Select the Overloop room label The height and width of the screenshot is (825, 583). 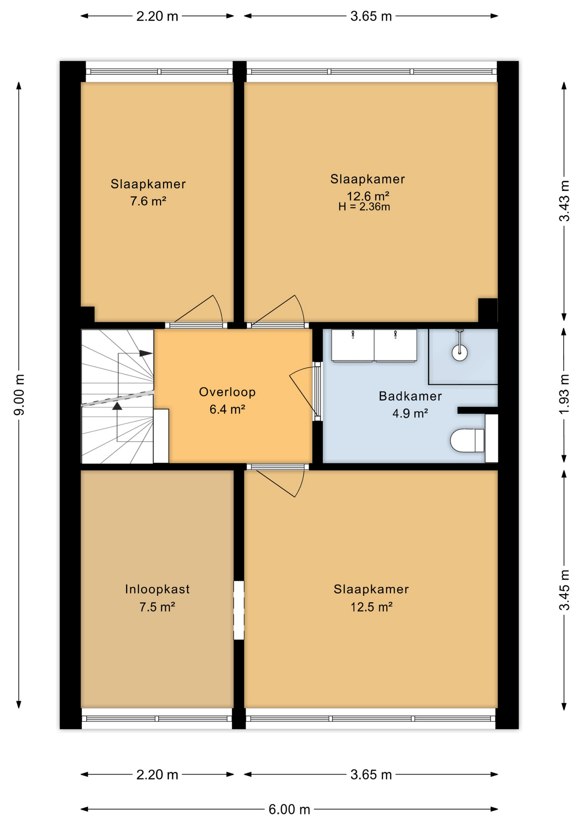click(x=227, y=392)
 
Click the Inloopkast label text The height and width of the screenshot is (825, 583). click(x=157, y=589)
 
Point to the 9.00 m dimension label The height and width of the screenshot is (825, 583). click(x=19, y=394)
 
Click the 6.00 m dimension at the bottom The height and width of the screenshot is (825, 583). click(x=289, y=810)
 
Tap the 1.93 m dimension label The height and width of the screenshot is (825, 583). click(x=564, y=394)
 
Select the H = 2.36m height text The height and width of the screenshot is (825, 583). click(x=364, y=207)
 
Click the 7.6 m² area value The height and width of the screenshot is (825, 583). click(x=148, y=201)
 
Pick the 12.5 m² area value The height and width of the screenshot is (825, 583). click(x=371, y=607)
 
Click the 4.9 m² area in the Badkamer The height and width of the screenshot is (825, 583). click(x=410, y=413)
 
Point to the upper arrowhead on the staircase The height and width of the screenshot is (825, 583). click(x=146, y=353)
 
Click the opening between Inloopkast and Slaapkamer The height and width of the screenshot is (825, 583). click(x=239, y=610)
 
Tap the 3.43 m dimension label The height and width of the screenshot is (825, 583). click(x=564, y=201)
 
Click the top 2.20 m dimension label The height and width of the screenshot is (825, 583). click(x=157, y=16)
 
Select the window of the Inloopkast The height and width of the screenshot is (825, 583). click(x=157, y=718)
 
